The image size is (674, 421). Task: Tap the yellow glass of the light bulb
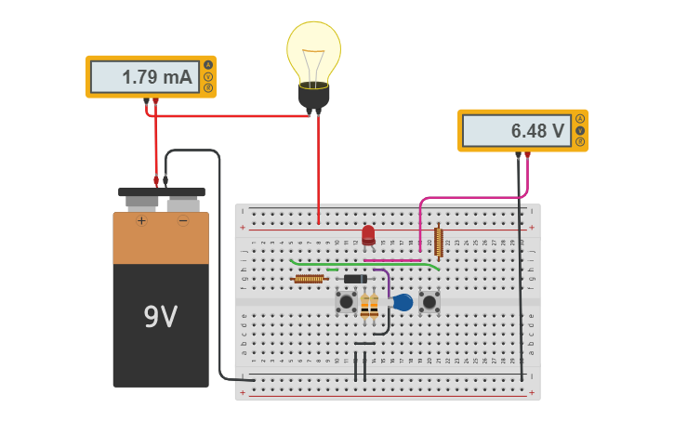[313, 51]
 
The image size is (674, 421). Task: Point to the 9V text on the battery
[160, 317]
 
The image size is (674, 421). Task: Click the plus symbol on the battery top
[141, 221]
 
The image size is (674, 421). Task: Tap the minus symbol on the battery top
[183, 221]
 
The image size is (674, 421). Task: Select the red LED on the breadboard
[368, 234]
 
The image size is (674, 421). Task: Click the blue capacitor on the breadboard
[403, 302]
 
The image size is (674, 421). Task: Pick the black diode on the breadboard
[355, 279]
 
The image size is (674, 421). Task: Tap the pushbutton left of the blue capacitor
[346, 301]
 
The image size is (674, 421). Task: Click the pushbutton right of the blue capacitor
[429, 301]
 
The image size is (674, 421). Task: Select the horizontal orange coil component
[309, 279]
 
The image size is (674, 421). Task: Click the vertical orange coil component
[438, 242]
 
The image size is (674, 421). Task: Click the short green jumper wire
[332, 270]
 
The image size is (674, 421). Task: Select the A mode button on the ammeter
[208, 65]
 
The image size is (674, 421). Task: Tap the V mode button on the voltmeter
[580, 130]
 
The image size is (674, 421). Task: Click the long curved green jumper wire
[363, 265]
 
